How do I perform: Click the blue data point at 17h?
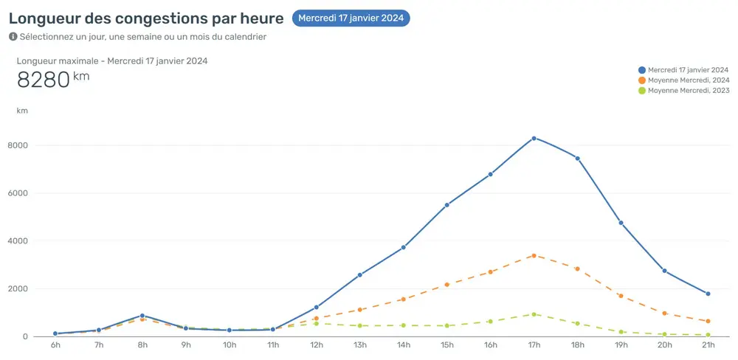pos(534,138)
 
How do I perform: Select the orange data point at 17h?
pos(534,255)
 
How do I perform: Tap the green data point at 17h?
pos(534,314)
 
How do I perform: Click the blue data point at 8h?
pos(142,316)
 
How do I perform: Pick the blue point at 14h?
pos(403,247)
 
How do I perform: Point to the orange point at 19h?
pos(621,296)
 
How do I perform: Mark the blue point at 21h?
pos(708,294)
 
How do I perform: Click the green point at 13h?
pos(359,325)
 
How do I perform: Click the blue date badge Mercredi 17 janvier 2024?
pos(351,18)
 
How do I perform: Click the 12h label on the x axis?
pos(316,345)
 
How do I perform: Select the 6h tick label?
pos(55,345)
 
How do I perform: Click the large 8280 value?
pos(43,80)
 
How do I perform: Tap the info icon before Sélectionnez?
pos(13,36)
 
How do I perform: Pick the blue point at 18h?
pos(577,158)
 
